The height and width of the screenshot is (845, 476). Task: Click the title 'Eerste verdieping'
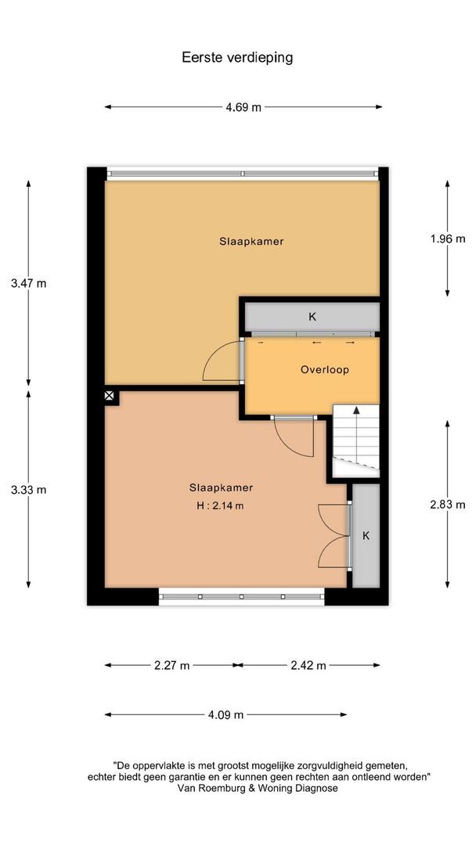pos(237,57)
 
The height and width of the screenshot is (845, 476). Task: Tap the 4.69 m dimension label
pos(243,108)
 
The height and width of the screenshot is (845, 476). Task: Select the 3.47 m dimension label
pos(29,283)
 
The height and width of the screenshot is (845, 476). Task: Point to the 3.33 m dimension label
pos(29,490)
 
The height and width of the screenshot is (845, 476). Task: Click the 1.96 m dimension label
pos(447,239)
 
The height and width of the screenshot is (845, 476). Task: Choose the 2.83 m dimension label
pos(447,504)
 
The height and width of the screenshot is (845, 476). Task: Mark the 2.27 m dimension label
pos(173,666)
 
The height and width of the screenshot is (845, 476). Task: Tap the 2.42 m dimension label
pos(308,666)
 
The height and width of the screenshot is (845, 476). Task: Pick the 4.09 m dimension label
pos(225,714)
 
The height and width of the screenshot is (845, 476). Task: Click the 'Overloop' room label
pos(324,369)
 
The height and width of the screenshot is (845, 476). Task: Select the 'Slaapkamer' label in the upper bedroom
pos(251,242)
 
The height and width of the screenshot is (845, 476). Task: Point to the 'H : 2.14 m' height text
pos(220,505)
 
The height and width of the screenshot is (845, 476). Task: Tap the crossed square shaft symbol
pos(110,397)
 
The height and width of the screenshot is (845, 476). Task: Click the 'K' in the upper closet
pos(312,317)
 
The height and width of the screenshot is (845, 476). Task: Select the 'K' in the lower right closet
pos(365,536)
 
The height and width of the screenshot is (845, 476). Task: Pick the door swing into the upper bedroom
pos(222,361)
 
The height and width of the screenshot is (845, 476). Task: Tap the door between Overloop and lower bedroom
pos(295,437)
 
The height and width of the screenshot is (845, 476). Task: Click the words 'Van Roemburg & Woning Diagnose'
pos(258,789)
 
